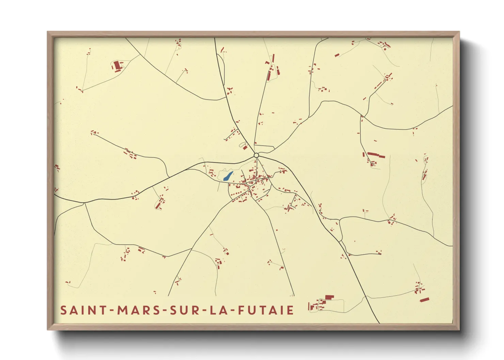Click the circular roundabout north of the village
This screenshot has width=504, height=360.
click(x=256, y=156)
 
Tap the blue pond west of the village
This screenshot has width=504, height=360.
click(x=228, y=176)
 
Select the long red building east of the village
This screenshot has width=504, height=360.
click(x=376, y=155)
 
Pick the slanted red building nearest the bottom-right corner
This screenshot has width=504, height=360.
click(x=424, y=300)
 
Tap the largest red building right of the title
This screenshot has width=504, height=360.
click(x=329, y=297)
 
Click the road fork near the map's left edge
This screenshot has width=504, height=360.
click(x=84, y=203)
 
